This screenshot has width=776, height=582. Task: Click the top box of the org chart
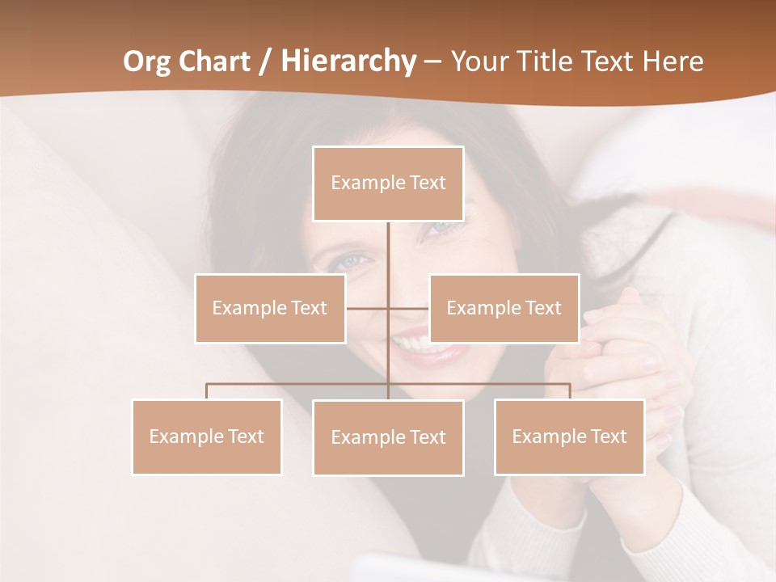(x=388, y=183)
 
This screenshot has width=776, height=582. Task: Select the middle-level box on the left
(x=270, y=308)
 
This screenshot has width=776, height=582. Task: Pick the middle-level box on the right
(x=504, y=308)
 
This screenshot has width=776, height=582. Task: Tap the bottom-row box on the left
(x=207, y=436)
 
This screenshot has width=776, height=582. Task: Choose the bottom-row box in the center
(x=388, y=437)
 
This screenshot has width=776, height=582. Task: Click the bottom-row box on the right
(x=569, y=436)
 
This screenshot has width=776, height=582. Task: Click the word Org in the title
(x=145, y=61)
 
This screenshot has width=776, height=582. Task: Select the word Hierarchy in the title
(x=348, y=61)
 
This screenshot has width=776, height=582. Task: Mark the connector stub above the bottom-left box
(x=207, y=390)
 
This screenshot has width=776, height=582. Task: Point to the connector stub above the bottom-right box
(x=569, y=390)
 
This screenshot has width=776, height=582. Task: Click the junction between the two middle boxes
(x=388, y=308)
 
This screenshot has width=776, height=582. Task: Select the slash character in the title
(x=264, y=62)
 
